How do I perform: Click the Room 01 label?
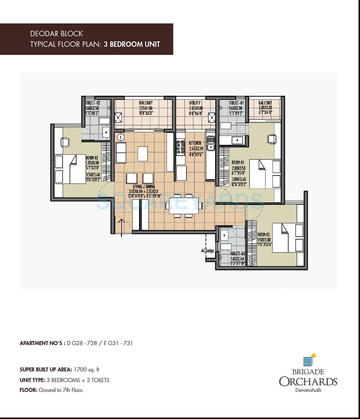(x=238, y=162)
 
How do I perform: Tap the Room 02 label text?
(x=92, y=158)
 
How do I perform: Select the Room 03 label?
(x=263, y=235)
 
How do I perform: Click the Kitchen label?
(x=195, y=143)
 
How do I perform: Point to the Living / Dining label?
(x=143, y=187)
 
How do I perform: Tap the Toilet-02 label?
(x=93, y=103)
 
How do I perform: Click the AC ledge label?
(x=207, y=251)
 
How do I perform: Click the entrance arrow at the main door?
(x=121, y=225)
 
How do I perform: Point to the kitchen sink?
(x=211, y=143)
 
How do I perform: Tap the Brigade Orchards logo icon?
(x=309, y=360)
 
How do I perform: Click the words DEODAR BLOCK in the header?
(x=56, y=34)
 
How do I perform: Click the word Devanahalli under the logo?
(x=308, y=390)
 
